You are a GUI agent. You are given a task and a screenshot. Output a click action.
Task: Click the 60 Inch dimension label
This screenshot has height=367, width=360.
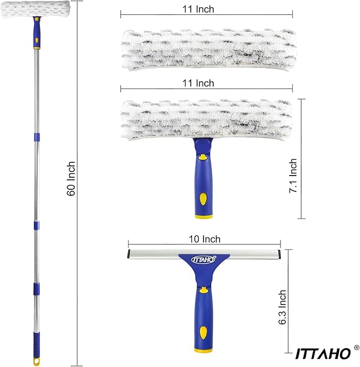[71, 178]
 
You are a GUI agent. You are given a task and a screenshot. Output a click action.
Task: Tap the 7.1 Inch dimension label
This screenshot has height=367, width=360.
[293, 176]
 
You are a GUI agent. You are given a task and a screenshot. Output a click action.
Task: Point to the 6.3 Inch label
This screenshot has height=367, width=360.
[283, 307]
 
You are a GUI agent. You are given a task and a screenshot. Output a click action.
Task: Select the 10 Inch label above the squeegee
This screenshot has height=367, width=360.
[205, 239]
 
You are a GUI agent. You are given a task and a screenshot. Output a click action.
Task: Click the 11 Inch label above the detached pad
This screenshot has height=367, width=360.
[198, 9]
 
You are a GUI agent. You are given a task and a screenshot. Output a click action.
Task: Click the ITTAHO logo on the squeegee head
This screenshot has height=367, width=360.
[204, 259]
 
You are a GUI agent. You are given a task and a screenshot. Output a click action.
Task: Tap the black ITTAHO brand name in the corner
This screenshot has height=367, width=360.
[323, 354]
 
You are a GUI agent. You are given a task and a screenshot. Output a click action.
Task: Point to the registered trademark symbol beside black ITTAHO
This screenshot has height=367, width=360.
[356, 348]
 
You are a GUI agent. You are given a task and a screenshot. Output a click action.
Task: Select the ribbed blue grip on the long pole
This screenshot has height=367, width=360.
[36, 345]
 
